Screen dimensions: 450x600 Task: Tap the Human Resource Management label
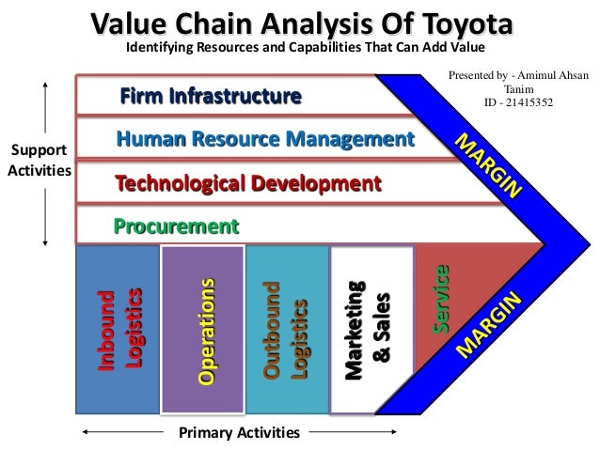[264, 140]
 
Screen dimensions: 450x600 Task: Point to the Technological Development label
[247, 182]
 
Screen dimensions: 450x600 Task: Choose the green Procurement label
[176, 225]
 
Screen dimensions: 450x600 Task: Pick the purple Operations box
[202, 329]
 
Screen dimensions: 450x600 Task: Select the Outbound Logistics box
[286, 329]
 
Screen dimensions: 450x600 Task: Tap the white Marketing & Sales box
[371, 329]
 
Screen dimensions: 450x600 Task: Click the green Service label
[439, 299]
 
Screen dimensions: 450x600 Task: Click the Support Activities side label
[39, 161]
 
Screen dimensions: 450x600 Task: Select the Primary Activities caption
[239, 433]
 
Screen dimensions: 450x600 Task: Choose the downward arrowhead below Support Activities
[45, 242]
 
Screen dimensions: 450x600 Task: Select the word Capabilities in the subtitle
[311, 45]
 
